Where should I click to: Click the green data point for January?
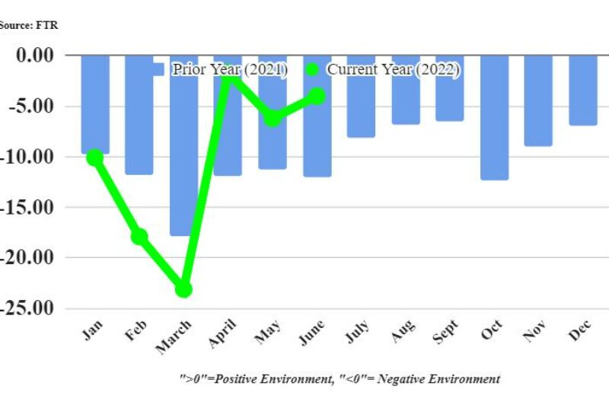tap(94, 158)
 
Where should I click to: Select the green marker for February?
tap(139, 237)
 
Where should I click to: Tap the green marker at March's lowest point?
tap(183, 289)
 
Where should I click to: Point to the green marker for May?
tap(273, 118)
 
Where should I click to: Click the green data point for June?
tap(317, 96)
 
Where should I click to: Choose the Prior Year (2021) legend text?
tap(229, 69)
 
